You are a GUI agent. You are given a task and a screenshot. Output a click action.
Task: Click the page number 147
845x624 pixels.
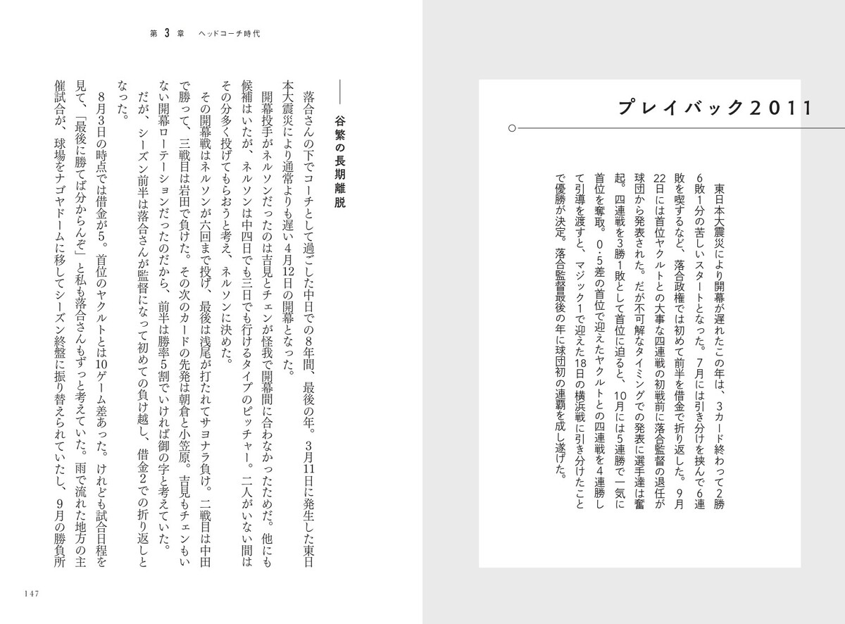pyautogui.click(x=36, y=592)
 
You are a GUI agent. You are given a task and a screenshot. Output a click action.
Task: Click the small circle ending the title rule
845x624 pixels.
pyautogui.click(x=512, y=128)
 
